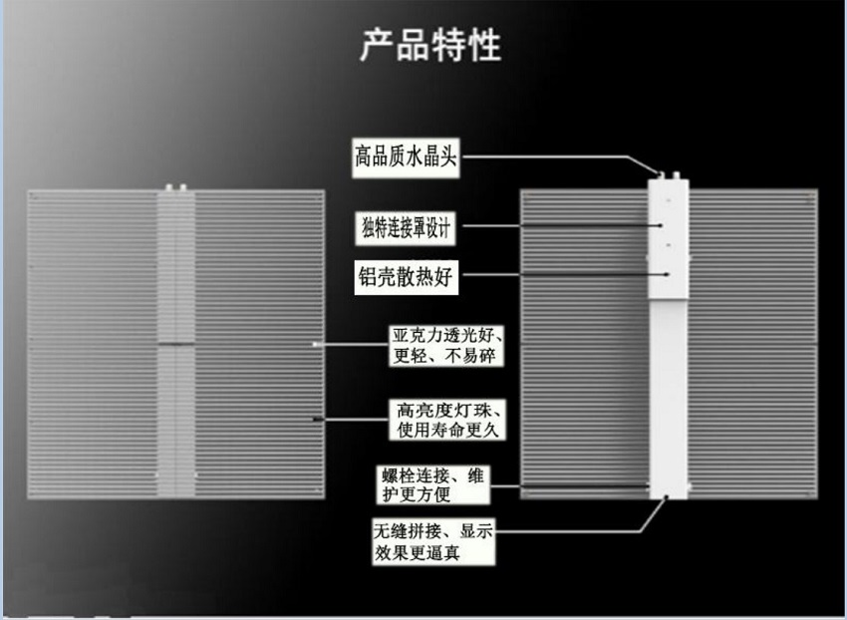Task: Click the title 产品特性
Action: (430, 46)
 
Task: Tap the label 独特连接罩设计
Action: (406, 228)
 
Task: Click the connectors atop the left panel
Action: (177, 186)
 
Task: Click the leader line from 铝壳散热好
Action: (558, 274)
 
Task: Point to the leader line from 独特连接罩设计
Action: (558, 227)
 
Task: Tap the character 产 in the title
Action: (376, 46)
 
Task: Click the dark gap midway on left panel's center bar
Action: (176, 345)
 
